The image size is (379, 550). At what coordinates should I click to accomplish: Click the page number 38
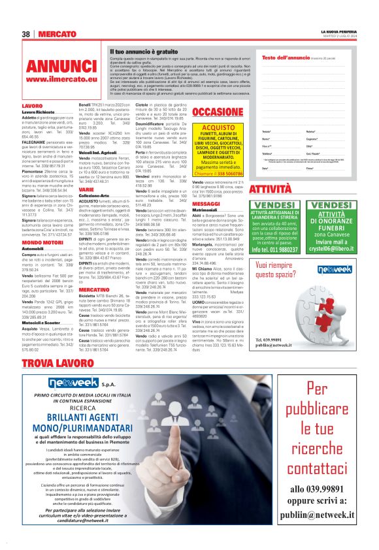coord(27,33)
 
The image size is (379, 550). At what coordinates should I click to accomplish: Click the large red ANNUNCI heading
coord(61,67)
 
